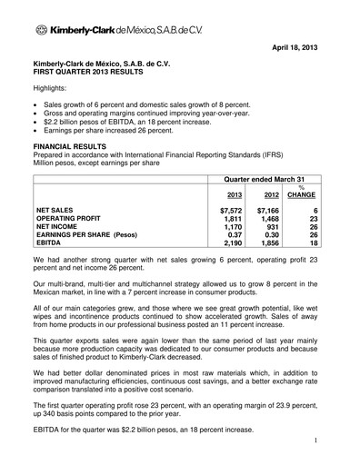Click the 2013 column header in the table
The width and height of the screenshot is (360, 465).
coord(233,193)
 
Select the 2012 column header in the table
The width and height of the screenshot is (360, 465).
coord(271,193)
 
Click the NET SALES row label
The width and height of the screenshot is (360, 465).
coord(60,210)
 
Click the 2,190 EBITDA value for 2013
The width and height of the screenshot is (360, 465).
coord(234,244)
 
